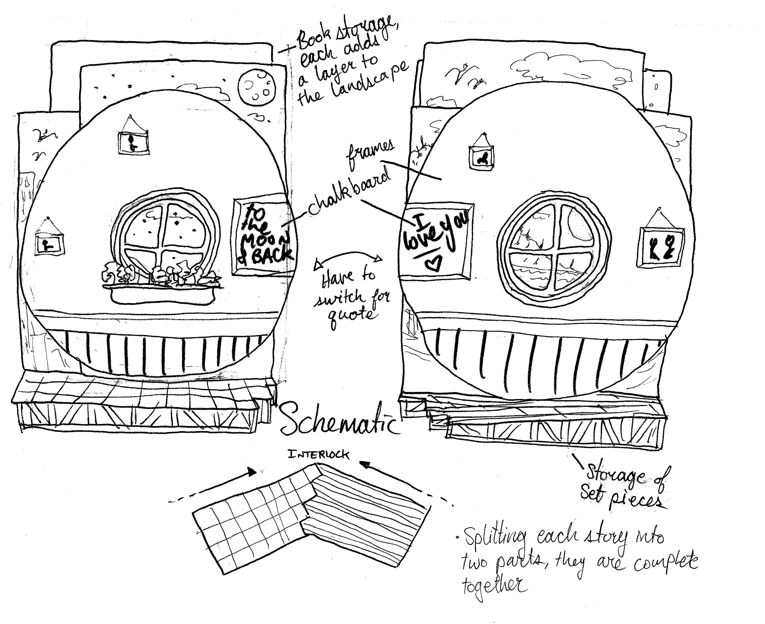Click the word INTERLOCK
tap(318, 455)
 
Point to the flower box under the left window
tap(162, 293)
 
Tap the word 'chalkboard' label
tap(349, 194)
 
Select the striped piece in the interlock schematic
tap(363, 503)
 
